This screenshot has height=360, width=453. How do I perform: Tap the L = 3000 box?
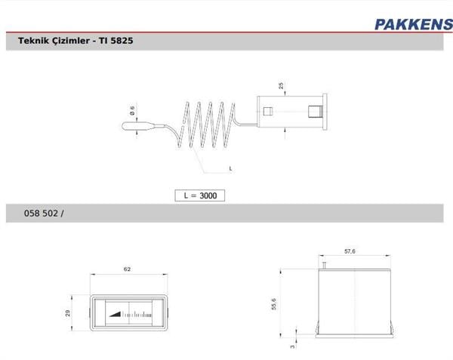[x=200, y=195]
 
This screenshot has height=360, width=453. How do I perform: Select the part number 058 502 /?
[x=46, y=214]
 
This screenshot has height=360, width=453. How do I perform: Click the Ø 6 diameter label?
[x=133, y=110]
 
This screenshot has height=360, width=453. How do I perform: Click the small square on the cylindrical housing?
[x=266, y=114]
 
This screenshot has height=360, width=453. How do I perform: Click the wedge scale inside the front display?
[x=119, y=309]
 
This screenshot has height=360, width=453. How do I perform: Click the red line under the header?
[x=226, y=33]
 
